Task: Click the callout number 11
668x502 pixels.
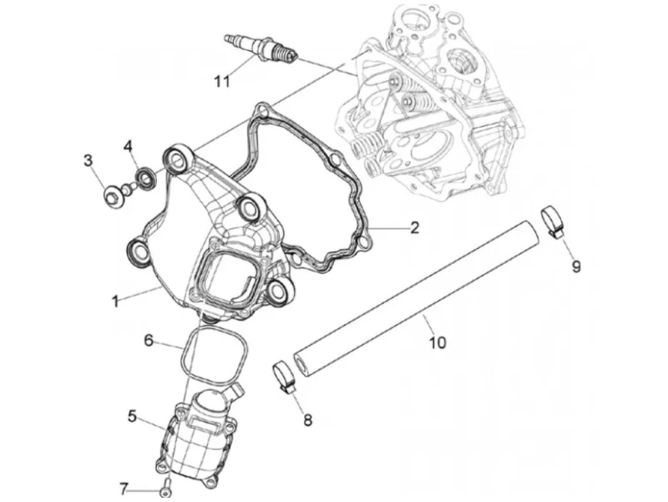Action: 221,81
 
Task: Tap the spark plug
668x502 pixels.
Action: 261,49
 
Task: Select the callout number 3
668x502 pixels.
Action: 89,161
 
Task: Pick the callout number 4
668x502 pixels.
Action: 129,146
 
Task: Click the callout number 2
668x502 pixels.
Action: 414,227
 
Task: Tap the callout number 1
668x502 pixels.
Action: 115,302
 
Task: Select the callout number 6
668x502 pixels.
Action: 149,341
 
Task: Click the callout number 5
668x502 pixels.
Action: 133,416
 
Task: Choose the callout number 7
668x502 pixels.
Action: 124,489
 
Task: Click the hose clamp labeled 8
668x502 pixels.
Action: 284,375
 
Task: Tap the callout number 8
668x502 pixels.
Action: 307,420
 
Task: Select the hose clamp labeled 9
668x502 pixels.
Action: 553,221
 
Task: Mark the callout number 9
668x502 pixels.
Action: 576,266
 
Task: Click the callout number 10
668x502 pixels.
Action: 438,342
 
